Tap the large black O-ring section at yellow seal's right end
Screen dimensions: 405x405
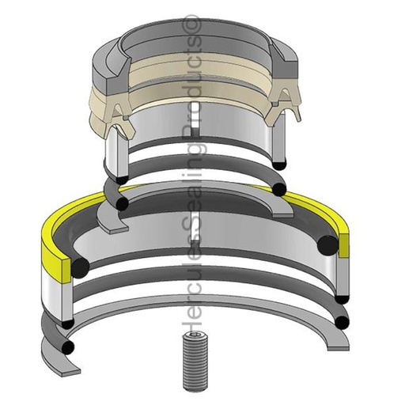tap(325, 245)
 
